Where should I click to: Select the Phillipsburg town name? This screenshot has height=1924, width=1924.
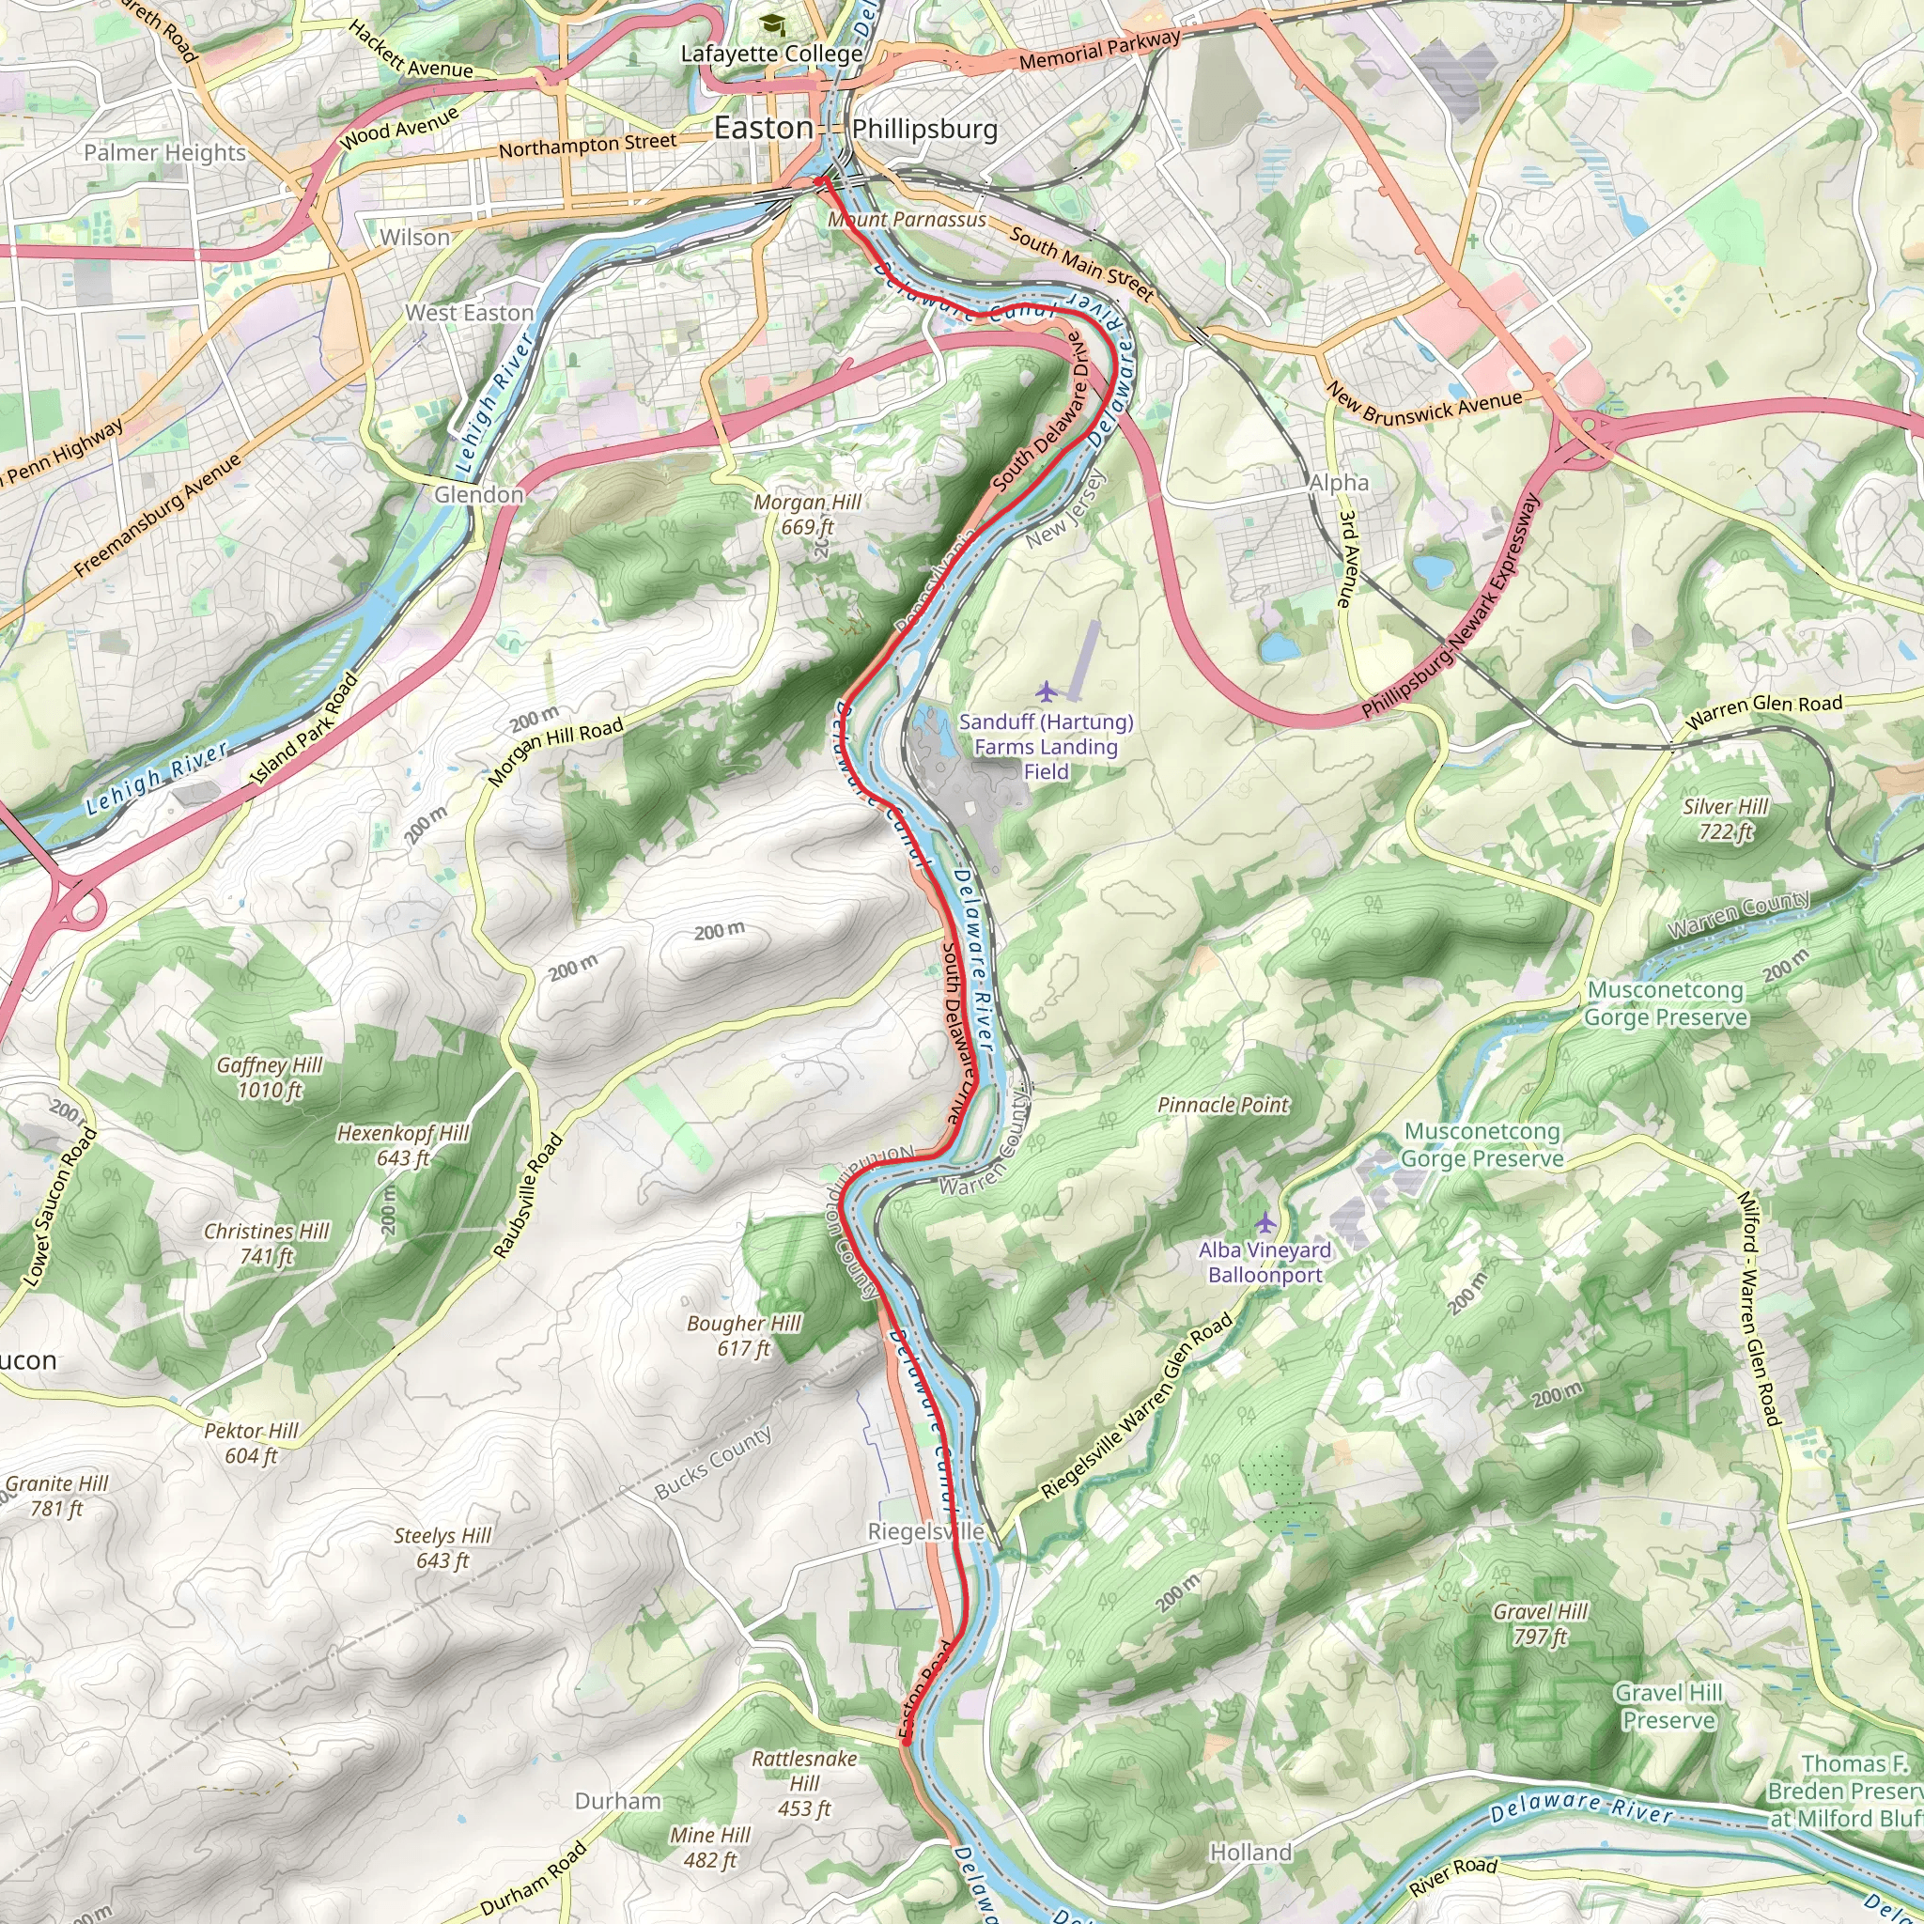pyautogui.click(x=924, y=130)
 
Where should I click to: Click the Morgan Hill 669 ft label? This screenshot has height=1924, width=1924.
pyautogui.click(x=807, y=514)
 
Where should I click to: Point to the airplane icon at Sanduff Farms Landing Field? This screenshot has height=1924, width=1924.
pyautogui.click(x=1046, y=690)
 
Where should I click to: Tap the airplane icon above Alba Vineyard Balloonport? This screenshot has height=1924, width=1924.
pyautogui.click(x=1265, y=1222)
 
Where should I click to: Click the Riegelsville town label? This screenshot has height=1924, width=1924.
pyautogui.click(x=925, y=1531)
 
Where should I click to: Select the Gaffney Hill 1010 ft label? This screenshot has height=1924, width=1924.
pyautogui.click(x=270, y=1078)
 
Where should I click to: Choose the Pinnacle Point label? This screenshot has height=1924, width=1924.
pyautogui.click(x=1222, y=1106)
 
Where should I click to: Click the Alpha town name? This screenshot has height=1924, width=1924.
pyautogui.click(x=1339, y=483)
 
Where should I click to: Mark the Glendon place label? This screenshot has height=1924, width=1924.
pyautogui.click(x=479, y=495)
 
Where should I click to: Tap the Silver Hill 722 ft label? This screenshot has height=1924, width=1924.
pyautogui.click(x=1725, y=818)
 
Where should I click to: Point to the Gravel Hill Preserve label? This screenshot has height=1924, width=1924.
pyautogui.click(x=1668, y=1707)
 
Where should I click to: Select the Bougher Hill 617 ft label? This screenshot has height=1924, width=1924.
pyautogui.click(x=743, y=1336)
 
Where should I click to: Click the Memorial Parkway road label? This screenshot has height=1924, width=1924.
pyautogui.click(x=1098, y=50)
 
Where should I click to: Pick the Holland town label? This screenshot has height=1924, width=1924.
pyautogui.click(x=1249, y=1854)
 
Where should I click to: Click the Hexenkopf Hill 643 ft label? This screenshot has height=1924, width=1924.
pyautogui.click(x=402, y=1145)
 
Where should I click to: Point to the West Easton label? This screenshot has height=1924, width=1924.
pyautogui.click(x=469, y=313)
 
